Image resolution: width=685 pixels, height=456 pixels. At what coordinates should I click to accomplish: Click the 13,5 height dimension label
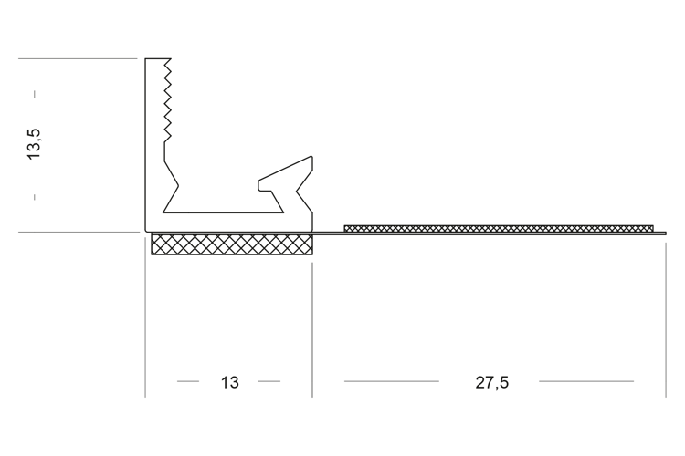(x=34, y=144)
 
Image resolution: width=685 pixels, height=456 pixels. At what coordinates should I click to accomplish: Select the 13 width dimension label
(x=230, y=383)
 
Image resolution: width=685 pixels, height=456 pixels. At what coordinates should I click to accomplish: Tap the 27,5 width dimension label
(x=492, y=383)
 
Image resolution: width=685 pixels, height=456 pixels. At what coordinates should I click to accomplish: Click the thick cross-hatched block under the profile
(x=232, y=244)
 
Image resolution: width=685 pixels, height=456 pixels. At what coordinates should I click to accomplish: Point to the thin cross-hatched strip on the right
(x=499, y=228)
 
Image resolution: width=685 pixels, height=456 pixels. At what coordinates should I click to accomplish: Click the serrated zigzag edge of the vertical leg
(x=167, y=100)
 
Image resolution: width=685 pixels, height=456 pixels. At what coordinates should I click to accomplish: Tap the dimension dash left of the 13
(x=188, y=381)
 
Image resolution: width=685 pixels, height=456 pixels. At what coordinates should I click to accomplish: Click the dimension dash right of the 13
(x=269, y=381)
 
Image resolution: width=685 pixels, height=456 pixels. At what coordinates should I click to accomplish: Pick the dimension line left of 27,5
(x=392, y=381)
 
